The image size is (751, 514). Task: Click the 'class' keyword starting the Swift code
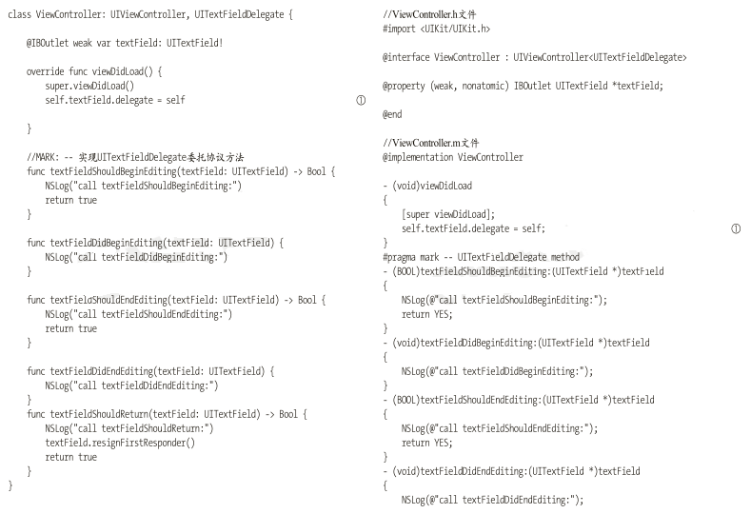(x=18, y=16)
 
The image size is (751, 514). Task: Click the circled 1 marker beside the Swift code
(x=361, y=101)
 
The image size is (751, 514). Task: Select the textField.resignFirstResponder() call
(x=119, y=444)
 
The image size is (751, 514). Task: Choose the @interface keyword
(x=405, y=58)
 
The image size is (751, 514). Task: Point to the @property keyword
(x=405, y=87)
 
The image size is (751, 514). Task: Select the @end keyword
(x=392, y=115)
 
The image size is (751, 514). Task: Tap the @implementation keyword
(x=418, y=158)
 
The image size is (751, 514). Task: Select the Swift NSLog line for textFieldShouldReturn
(x=129, y=429)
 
